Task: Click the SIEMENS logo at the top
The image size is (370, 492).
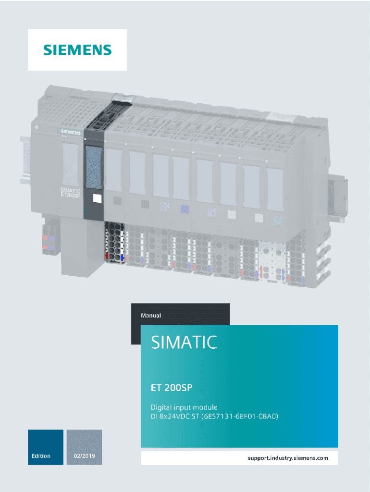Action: tap(77, 50)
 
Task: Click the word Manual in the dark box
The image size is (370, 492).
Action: tap(151, 316)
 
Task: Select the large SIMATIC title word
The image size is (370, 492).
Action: tap(184, 343)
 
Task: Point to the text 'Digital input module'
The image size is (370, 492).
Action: tap(185, 407)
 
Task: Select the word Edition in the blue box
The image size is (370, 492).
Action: tap(41, 456)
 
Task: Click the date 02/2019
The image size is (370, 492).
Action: tap(84, 456)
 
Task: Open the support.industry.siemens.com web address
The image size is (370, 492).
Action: tap(288, 458)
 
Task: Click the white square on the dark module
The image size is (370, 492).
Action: tap(98, 198)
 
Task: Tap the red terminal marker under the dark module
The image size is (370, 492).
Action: tap(107, 257)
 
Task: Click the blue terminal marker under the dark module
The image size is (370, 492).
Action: tap(123, 258)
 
